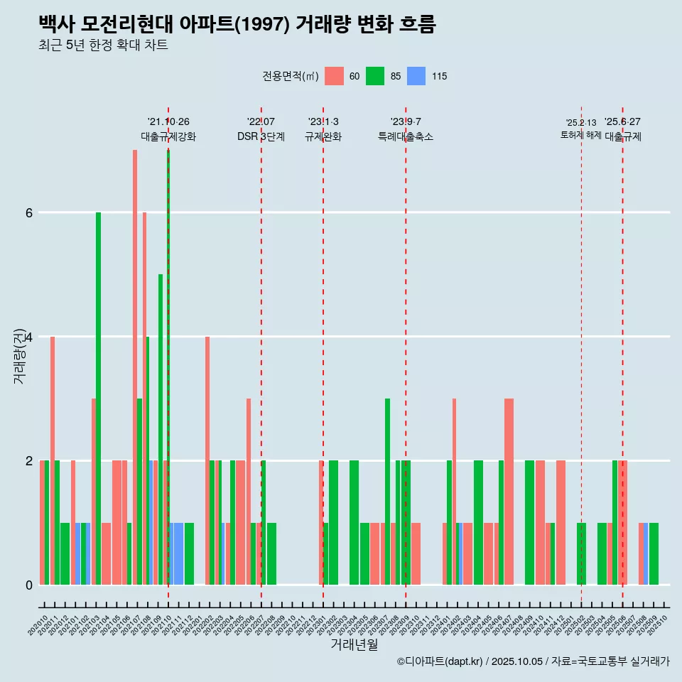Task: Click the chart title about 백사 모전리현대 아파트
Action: coord(237,24)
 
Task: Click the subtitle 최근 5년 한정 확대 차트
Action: coord(103,45)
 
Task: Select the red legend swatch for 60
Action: coord(334,76)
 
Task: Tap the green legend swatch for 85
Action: coord(375,76)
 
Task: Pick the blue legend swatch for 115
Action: coord(416,76)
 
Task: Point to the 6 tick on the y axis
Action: coord(28,212)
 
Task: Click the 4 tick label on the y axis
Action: coord(28,337)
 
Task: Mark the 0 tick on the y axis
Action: coord(28,585)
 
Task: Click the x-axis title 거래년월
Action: coord(354,644)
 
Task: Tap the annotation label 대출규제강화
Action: coord(168,136)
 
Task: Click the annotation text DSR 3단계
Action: coord(261,136)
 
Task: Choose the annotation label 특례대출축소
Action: coord(406,136)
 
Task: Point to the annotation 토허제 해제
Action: coord(580,135)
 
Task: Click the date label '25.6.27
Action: coord(622,121)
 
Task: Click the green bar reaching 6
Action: coord(98,398)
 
